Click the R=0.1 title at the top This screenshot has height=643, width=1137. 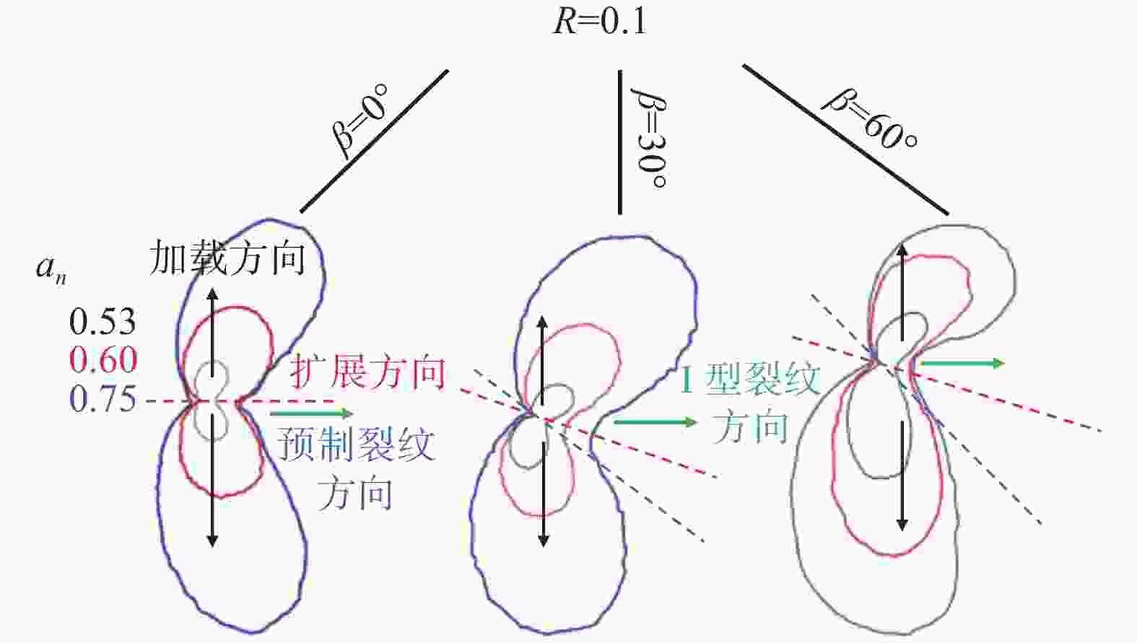point(600,22)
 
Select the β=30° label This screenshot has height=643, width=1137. point(648,138)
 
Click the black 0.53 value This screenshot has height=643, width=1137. point(103,321)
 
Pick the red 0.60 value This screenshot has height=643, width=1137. point(103,360)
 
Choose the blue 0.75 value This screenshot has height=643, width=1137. point(103,398)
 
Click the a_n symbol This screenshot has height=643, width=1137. point(51,269)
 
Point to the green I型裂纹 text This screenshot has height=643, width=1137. point(750,380)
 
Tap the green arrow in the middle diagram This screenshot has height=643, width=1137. point(655,421)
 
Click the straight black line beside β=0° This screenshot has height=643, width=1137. point(374,141)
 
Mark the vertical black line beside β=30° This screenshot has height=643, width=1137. point(620,142)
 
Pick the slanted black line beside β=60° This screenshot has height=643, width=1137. point(845,140)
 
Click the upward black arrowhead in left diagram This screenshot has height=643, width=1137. point(212,295)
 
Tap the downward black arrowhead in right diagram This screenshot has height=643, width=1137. point(902,523)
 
